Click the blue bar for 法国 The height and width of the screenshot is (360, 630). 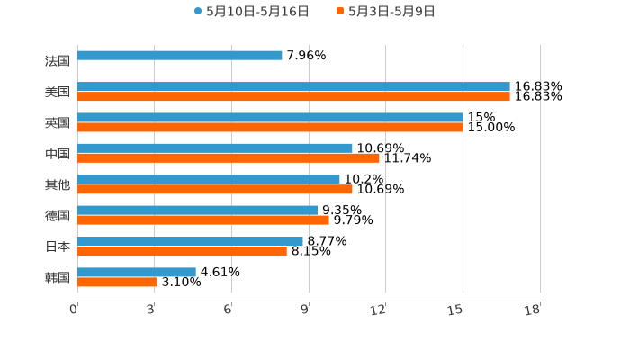tap(180, 56)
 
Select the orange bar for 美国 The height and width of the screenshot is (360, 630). tap(293, 96)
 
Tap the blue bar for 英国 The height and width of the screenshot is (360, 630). tap(270, 117)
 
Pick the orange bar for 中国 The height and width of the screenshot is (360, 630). tap(229, 158)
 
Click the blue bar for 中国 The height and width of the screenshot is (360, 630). tap(215, 148)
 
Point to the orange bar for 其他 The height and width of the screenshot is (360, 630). tap(215, 189)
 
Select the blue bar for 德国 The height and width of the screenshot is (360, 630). tap(197, 210)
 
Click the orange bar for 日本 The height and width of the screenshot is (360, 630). tap(182, 251)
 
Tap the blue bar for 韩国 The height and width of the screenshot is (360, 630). tap(137, 272)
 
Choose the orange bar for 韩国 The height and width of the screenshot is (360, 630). tap(117, 282)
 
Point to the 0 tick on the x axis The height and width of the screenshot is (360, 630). tap(75, 310)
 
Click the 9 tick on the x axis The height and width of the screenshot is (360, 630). tap(305, 310)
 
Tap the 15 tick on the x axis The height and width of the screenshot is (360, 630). tap(456, 310)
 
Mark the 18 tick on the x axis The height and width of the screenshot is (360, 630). tap(533, 310)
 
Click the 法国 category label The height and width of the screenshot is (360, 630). tap(57, 61)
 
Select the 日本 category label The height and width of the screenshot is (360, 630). tap(57, 246)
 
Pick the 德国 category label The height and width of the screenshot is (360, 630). tap(57, 215)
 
